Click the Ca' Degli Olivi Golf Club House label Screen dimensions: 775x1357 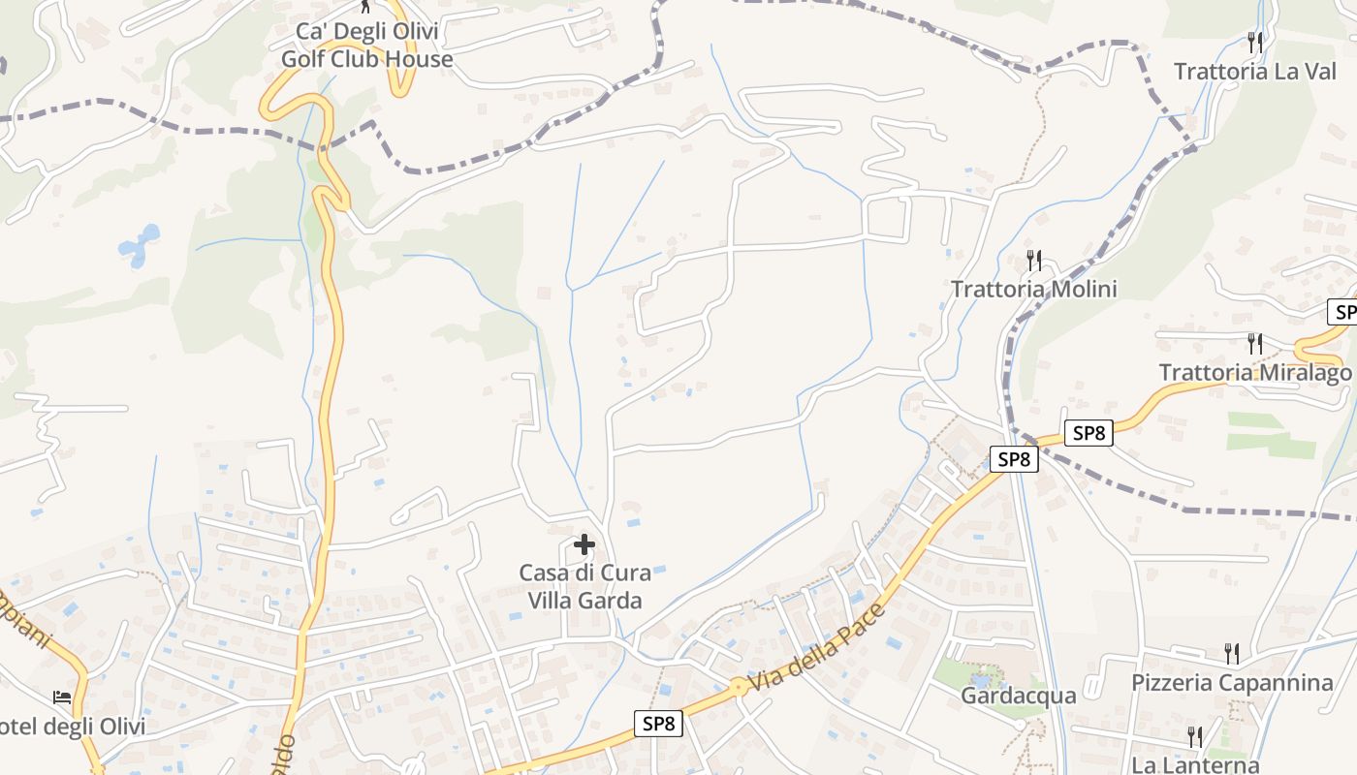click(366, 46)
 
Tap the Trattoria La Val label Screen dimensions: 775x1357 click(1254, 71)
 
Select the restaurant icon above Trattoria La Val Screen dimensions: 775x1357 click(1255, 42)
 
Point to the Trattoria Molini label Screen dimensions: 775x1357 click(1033, 289)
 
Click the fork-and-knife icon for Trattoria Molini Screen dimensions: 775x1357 click(1034, 260)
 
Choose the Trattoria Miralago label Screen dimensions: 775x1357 click(1254, 373)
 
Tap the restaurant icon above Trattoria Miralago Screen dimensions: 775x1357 click(1255, 344)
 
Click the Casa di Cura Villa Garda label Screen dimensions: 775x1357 click(584, 586)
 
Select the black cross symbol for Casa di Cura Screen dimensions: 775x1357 click(584, 544)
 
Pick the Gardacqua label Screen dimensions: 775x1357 click(1018, 696)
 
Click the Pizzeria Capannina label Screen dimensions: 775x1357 click(1231, 683)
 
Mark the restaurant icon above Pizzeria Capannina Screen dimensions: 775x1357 click(1231, 652)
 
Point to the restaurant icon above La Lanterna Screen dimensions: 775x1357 click(1194, 736)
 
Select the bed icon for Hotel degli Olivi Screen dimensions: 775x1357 click(62, 697)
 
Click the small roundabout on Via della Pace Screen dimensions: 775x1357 click(740, 687)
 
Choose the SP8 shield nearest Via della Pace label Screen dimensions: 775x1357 click(658, 723)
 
